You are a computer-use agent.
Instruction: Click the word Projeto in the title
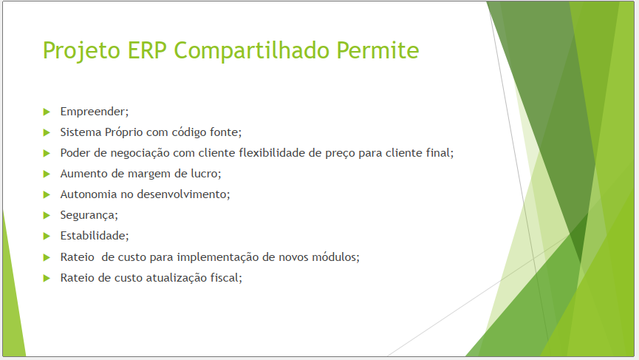[x=81, y=50]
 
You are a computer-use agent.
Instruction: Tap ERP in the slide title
[x=147, y=50]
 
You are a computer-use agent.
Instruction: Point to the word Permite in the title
[x=377, y=50]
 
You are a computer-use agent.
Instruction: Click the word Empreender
[x=94, y=112]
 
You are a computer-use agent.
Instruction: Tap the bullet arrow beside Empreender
[x=47, y=112]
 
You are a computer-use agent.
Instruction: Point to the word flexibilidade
[x=272, y=153]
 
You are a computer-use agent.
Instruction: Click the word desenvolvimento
[x=183, y=194]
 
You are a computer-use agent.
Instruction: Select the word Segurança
[x=89, y=215]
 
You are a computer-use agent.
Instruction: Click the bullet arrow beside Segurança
[x=47, y=215]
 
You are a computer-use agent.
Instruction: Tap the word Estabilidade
[x=94, y=236]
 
